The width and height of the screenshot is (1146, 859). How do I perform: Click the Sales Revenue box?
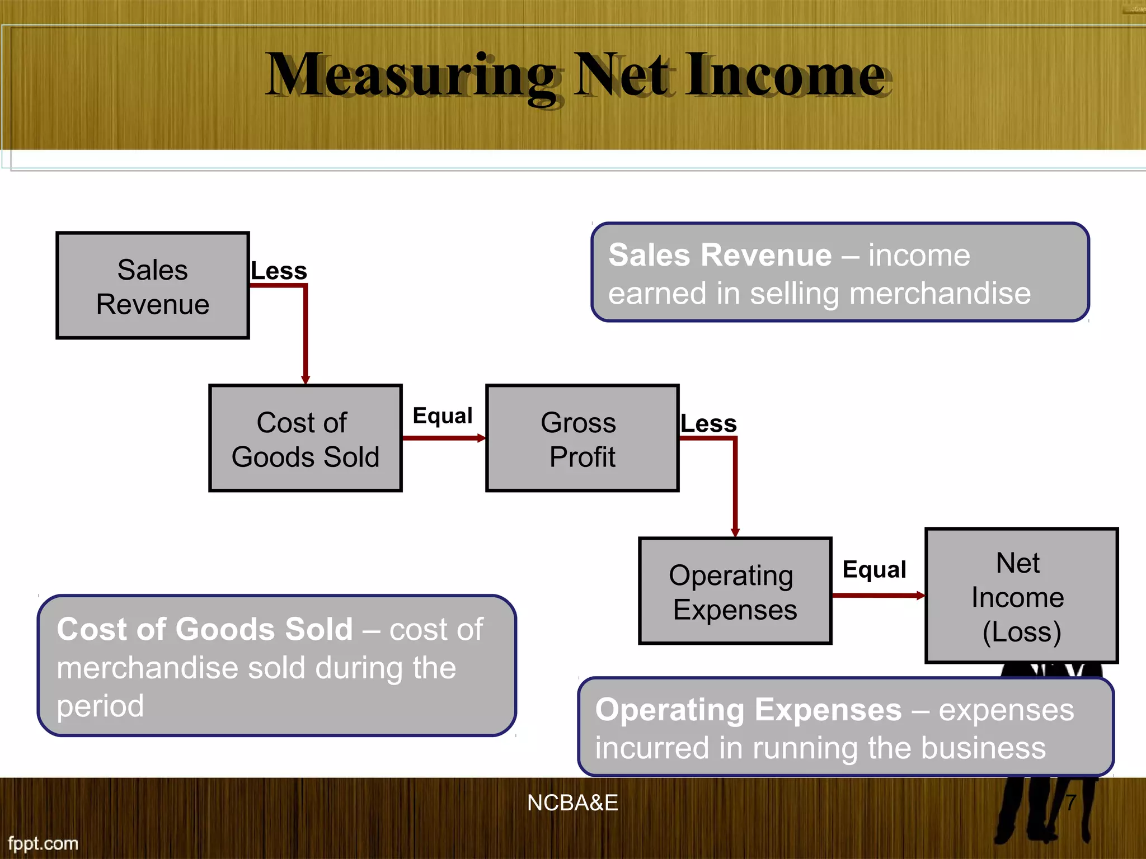pos(153,286)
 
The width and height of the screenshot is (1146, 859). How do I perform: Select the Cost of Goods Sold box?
pos(306,438)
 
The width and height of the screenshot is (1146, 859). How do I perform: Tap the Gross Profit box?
pos(583,438)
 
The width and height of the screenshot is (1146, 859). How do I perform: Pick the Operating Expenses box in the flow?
pos(735,591)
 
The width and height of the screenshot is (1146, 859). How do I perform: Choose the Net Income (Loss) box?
pos(1021,596)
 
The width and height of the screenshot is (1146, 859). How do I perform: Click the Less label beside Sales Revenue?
pos(279,271)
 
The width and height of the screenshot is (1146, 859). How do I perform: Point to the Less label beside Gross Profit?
pos(708,424)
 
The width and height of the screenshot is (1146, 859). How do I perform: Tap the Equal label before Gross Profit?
pos(443,416)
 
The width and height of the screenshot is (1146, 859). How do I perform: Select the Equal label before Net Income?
pos(874,570)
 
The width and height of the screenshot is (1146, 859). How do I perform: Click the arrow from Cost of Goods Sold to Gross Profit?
pos(444,438)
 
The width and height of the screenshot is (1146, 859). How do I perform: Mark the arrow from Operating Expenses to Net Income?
pos(878,596)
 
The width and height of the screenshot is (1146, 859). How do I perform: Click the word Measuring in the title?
pos(411,75)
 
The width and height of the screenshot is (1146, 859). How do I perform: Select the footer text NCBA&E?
pos(572,803)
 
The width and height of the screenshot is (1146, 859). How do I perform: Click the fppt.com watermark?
pos(43,843)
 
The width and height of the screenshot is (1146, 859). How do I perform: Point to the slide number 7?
pos(1070,803)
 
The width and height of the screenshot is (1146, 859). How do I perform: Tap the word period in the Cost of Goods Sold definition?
pos(101,706)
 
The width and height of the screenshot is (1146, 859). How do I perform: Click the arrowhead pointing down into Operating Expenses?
pos(735,532)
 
